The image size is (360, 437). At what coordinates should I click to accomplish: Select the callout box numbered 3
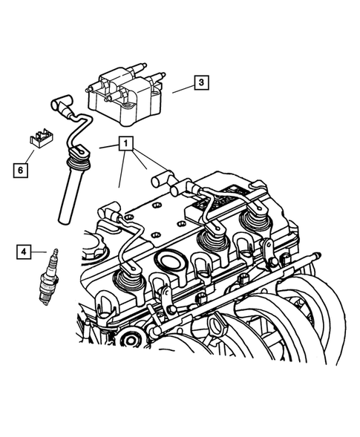201,83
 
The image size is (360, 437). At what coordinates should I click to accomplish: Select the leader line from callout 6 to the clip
33,153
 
